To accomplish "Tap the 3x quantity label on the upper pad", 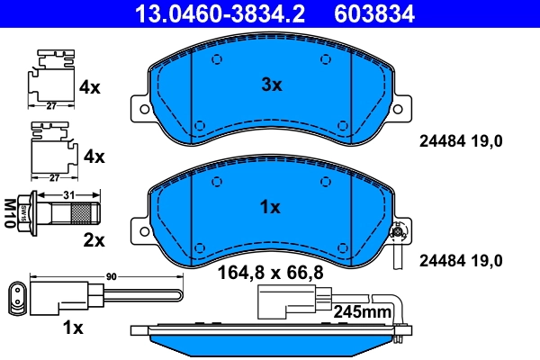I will [271, 85].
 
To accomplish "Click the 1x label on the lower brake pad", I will [270, 207].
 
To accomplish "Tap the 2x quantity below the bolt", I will [94, 239].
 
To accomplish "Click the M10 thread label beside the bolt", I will [12, 212].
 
